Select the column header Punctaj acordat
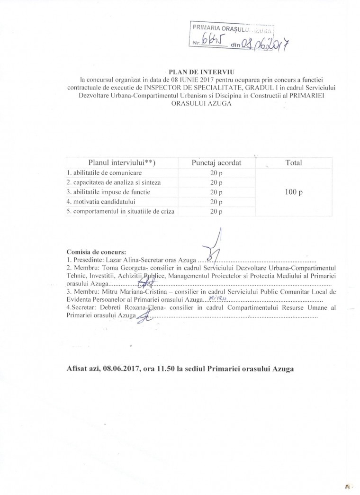pyautogui.click(x=216, y=162)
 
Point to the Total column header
pyautogui.click(x=294, y=162)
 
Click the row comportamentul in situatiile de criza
pyautogui.click(x=119, y=211)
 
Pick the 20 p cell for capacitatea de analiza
pyautogui.click(x=216, y=182)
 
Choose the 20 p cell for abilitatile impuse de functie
pyautogui.click(x=216, y=192)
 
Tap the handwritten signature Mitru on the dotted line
pyautogui.click(x=217, y=298)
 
